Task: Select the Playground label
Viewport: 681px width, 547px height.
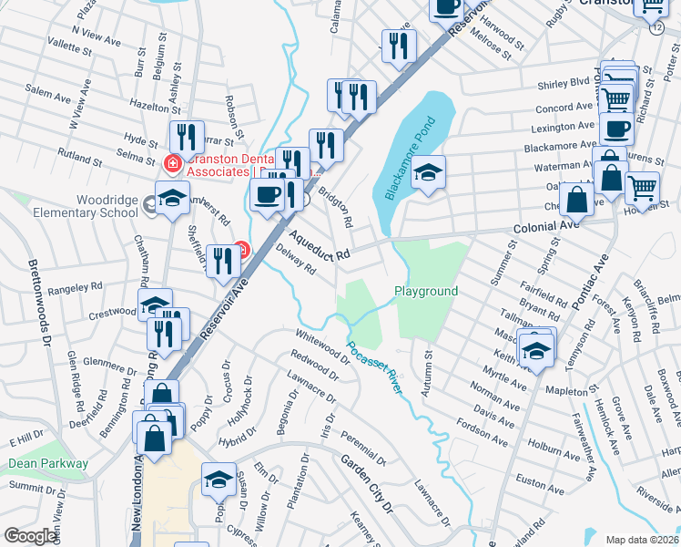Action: click(x=425, y=291)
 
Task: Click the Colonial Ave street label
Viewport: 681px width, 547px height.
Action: click(x=546, y=225)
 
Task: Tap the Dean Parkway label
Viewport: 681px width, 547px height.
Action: click(x=48, y=463)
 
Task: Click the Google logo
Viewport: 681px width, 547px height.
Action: click(x=30, y=536)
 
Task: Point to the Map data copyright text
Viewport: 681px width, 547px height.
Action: click(x=643, y=540)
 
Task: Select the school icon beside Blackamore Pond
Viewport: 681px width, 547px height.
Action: click(x=428, y=172)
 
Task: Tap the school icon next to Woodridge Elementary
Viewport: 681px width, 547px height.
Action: click(x=172, y=198)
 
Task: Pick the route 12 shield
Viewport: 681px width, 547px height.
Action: click(x=656, y=28)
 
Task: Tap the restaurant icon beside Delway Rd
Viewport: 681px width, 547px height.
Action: click(x=223, y=261)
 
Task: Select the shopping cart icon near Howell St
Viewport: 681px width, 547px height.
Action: click(x=643, y=189)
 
